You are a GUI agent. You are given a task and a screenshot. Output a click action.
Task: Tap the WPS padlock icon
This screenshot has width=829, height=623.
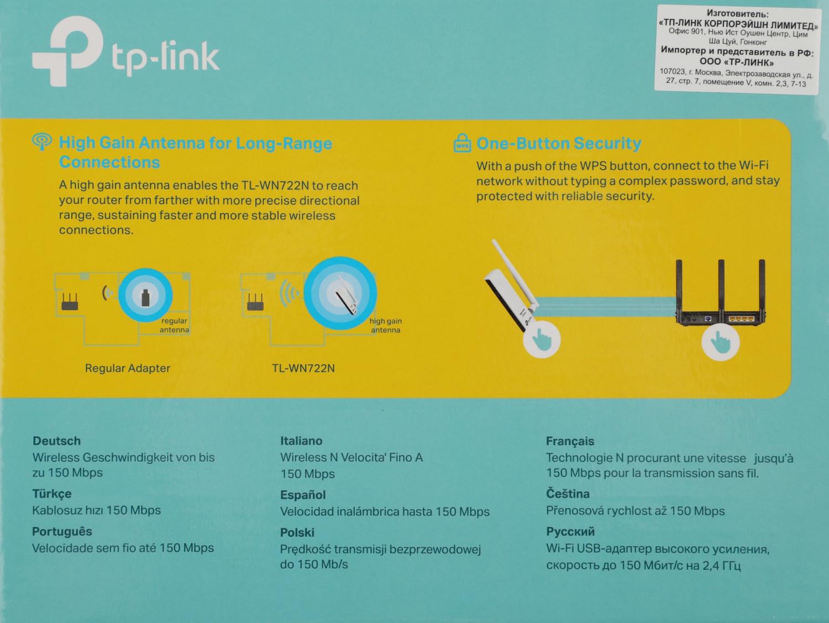(x=462, y=143)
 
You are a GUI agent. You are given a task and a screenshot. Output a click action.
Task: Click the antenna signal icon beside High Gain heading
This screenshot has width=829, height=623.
(x=42, y=142)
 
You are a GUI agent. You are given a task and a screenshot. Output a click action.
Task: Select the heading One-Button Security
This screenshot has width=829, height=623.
(x=559, y=144)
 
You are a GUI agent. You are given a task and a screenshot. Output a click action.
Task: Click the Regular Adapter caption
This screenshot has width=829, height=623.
(x=128, y=368)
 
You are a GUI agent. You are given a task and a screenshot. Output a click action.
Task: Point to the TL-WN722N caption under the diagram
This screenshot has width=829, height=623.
(x=303, y=368)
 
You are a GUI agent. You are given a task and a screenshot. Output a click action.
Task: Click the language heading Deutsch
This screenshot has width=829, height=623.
(x=57, y=441)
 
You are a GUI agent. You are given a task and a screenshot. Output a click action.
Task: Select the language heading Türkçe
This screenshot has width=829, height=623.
(x=52, y=494)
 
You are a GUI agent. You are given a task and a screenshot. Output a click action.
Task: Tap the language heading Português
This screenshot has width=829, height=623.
(x=62, y=532)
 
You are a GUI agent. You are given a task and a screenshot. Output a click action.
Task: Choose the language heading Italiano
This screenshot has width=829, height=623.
(x=301, y=441)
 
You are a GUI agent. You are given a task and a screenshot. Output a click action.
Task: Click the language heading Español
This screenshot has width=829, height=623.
(x=303, y=495)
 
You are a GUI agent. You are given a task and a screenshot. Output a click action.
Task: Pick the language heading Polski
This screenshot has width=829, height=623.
(x=297, y=533)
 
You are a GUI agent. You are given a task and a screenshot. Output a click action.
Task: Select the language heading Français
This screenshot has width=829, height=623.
(x=570, y=441)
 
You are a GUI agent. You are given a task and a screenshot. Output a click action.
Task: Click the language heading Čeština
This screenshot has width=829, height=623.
(x=568, y=494)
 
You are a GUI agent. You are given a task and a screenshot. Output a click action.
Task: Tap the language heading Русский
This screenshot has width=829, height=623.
(x=570, y=532)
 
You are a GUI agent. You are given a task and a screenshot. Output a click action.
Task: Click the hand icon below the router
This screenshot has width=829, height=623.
(x=720, y=342)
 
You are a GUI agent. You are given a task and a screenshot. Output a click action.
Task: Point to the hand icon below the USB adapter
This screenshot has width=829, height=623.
(x=542, y=339)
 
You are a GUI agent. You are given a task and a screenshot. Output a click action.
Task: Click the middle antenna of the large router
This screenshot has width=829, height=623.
(x=721, y=280)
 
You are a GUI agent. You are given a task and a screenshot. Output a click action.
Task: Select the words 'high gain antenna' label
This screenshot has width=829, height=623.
(x=386, y=325)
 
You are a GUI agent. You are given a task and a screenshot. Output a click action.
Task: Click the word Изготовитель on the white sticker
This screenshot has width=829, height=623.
(x=738, y=14)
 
